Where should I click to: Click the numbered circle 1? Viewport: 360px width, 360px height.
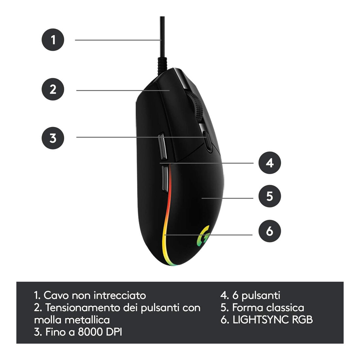[53, 40]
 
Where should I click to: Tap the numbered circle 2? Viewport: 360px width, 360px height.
[53, 89]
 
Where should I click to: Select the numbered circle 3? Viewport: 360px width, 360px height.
[53, 138]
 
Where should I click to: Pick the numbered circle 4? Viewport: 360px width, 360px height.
[270, 163]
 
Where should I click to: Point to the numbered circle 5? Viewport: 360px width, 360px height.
[270, 196]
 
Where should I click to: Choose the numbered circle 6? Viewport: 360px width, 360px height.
[270, 231]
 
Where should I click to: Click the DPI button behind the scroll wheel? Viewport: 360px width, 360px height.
[208, 141]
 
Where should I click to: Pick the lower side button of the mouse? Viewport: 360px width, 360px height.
[165, 178]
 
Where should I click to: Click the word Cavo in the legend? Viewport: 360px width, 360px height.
[56, 295]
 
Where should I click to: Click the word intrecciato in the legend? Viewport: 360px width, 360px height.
[120, 295]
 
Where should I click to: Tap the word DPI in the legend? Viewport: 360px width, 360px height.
[114, 332]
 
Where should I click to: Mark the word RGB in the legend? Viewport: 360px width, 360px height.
[302, 320]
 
